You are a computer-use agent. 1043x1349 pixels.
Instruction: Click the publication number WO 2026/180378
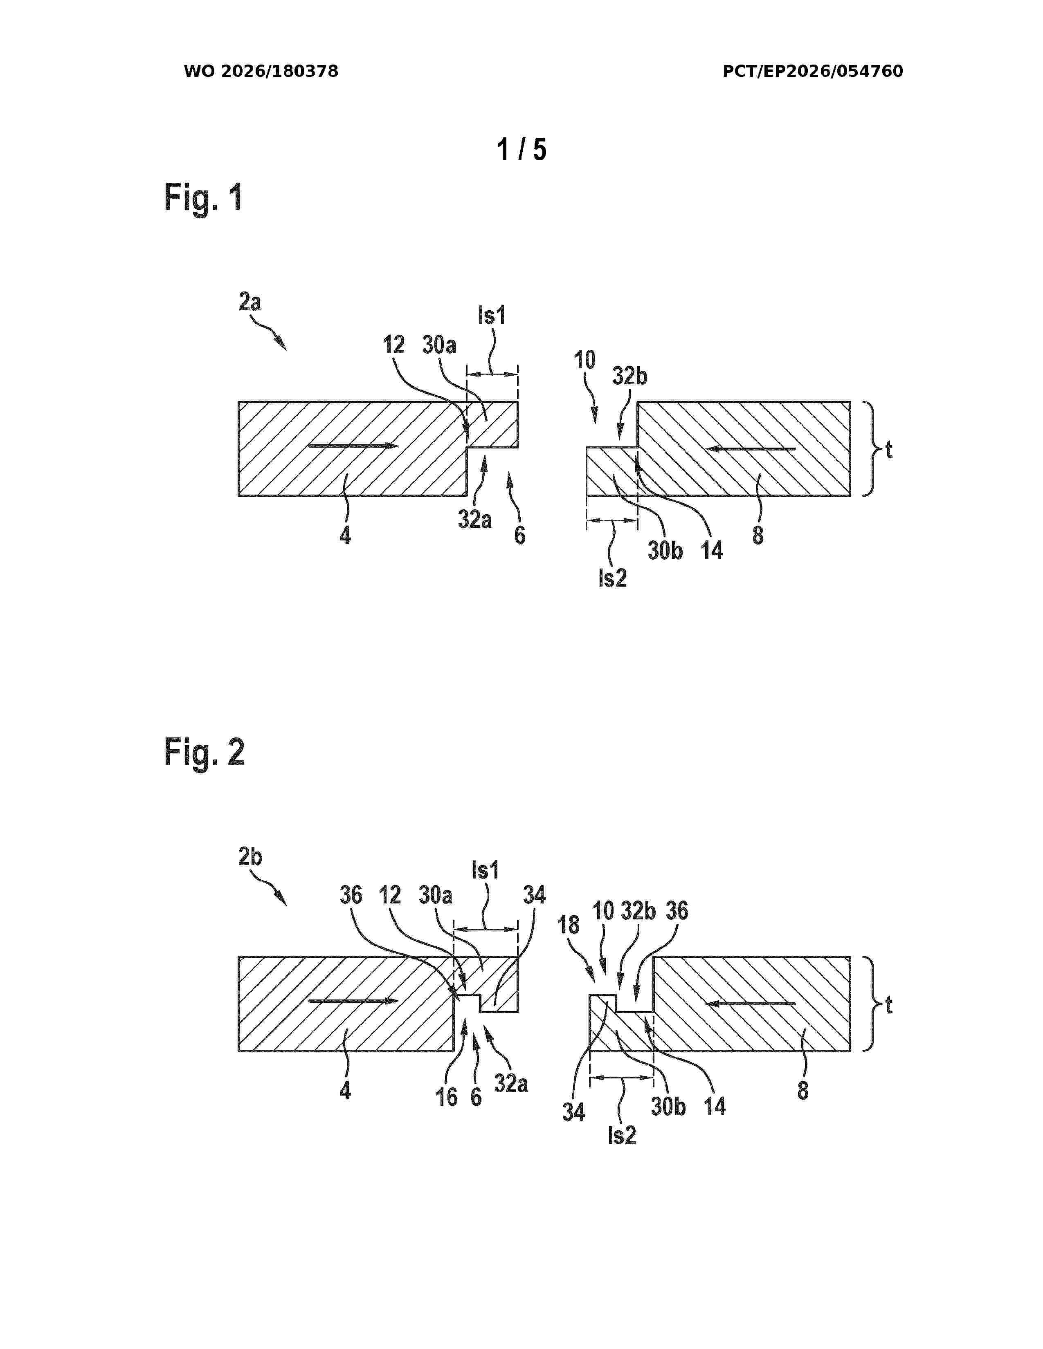tap(261, 72)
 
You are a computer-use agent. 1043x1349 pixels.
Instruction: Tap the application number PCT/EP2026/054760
tap(813, 72)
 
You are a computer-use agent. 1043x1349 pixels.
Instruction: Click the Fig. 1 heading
tap(203, 198)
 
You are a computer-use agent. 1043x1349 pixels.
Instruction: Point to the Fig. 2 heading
tap(204, 752)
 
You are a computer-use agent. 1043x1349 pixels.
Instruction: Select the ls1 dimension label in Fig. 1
tap(492, 316)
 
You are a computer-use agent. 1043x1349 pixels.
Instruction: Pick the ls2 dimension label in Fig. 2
tap(622, 1135)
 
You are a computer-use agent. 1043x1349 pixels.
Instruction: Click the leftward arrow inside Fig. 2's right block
tap(750, 1003)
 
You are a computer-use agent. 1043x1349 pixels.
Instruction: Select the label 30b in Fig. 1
tap(665, 550)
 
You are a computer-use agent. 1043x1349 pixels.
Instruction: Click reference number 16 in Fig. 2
tap(447, 1098)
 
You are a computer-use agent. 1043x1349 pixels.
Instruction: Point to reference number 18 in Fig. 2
tap(569, 925)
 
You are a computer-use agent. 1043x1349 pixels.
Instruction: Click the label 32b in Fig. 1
tap(629, 376)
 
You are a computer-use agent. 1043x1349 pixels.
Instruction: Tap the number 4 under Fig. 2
tap(345, 1091)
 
